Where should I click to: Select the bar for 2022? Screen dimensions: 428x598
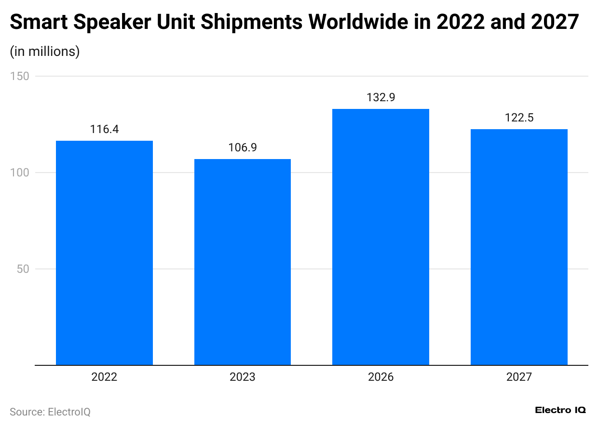click(x=104, y=253)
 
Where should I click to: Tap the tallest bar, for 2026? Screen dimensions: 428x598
click(x=381, y=237)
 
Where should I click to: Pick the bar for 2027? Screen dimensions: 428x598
click(x=519, y=247)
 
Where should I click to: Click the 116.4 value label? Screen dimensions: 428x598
click(x=104, y=129)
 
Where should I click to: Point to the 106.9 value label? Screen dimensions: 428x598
click(x=243, y=147)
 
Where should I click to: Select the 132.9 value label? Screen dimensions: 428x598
click(x=381, y=97)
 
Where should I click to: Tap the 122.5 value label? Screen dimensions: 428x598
click(x=519, y=118)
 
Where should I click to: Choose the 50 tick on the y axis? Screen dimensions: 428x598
click(x=23, y=269)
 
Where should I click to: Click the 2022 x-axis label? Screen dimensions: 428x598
click(x=104, y=377)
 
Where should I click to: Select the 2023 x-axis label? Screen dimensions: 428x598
click(x=243, y=377)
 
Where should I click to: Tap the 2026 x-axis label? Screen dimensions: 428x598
click(x=381, y=377)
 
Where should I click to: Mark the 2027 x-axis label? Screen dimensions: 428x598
click(x=519, y=377)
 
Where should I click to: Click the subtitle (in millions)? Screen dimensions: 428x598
click(x=45, y=52)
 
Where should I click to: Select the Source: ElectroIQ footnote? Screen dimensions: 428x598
click(x=50, y=412)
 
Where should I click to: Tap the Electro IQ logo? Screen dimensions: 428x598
click(x=560, y=410)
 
